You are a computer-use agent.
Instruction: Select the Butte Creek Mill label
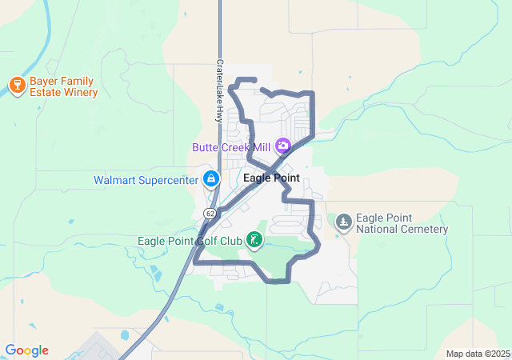(x=230, y=147)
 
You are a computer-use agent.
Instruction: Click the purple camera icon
(x=282, y=145)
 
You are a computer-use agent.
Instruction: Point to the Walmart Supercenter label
(x=145, y=180)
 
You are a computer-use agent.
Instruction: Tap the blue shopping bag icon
(x=212, y=178)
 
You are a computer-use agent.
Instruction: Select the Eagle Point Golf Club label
(x=190, y=240)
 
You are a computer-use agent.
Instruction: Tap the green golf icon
(x=254, y=239)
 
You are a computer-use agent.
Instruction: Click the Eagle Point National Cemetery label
(x=402, y=223)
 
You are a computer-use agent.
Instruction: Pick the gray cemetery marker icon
(x=344, y=221)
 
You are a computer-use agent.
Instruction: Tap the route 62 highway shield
(x=210, y=213)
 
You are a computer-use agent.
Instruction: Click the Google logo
(x=26, y=350)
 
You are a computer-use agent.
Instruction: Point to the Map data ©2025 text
(x=478, y=354)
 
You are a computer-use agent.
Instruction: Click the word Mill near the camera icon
(x=259, y=147)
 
